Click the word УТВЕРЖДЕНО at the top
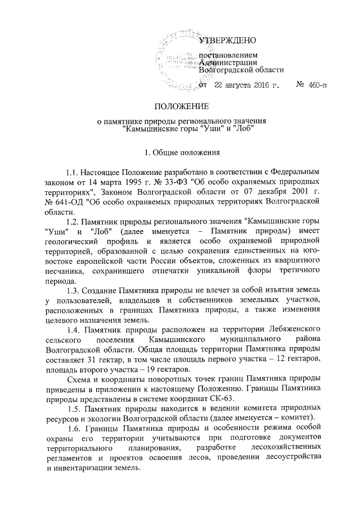[228, 40]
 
